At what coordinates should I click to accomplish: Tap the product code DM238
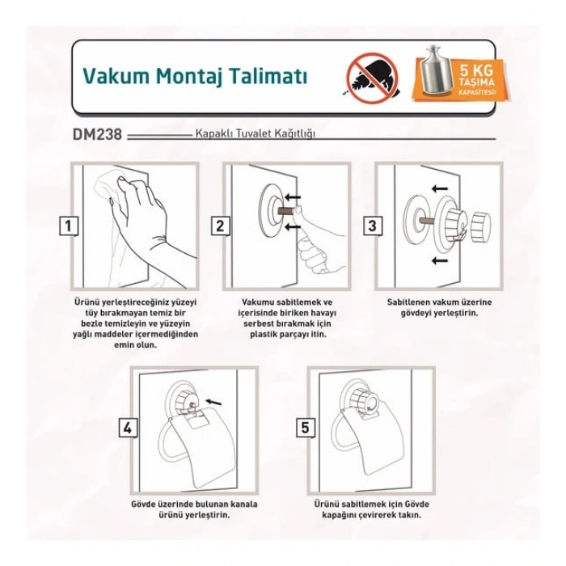coord(95,135)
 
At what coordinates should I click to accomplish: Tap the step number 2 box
coord(219,226)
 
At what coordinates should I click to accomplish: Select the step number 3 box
coord(371,226)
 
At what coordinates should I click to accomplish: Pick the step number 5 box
coord(303,428)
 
